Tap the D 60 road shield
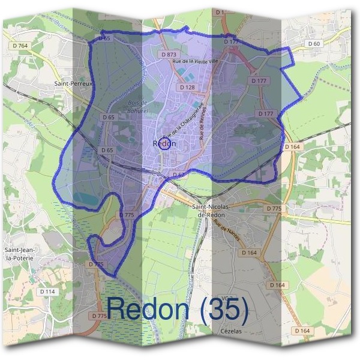pos(314,44)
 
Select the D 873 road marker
pos(170,54)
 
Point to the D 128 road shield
pos(187,88)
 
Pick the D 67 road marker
pos(179,175)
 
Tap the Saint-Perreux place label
pos(73,84)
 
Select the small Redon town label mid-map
pos(164,144)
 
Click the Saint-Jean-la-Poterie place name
pos(19,254)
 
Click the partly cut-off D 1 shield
pos(218,11)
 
